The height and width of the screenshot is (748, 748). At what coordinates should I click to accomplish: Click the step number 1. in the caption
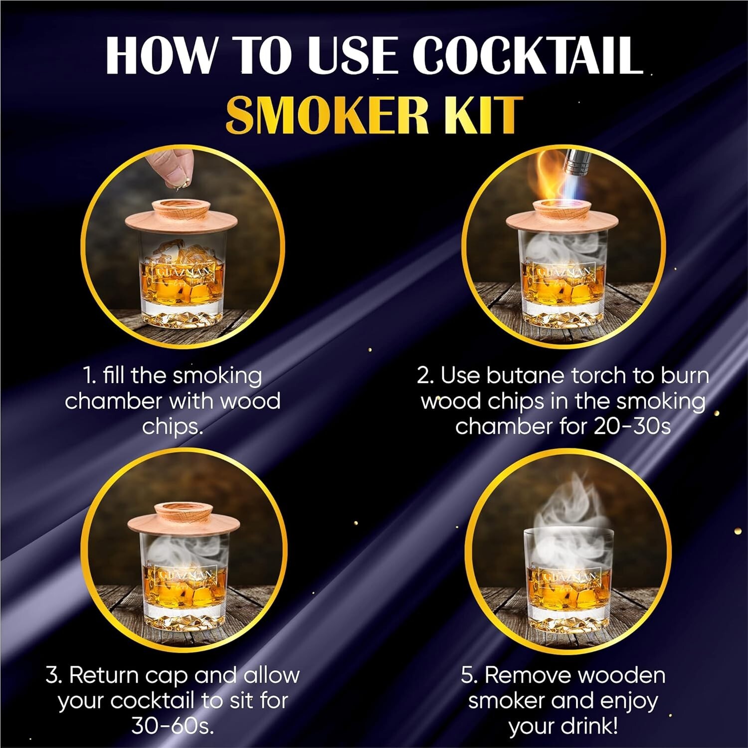coord(89,376)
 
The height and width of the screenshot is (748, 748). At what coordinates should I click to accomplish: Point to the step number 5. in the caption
coord(469,675)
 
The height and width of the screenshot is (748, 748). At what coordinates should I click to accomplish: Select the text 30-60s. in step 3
coord(173,726)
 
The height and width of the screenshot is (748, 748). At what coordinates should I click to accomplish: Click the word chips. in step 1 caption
coord(173,427)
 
